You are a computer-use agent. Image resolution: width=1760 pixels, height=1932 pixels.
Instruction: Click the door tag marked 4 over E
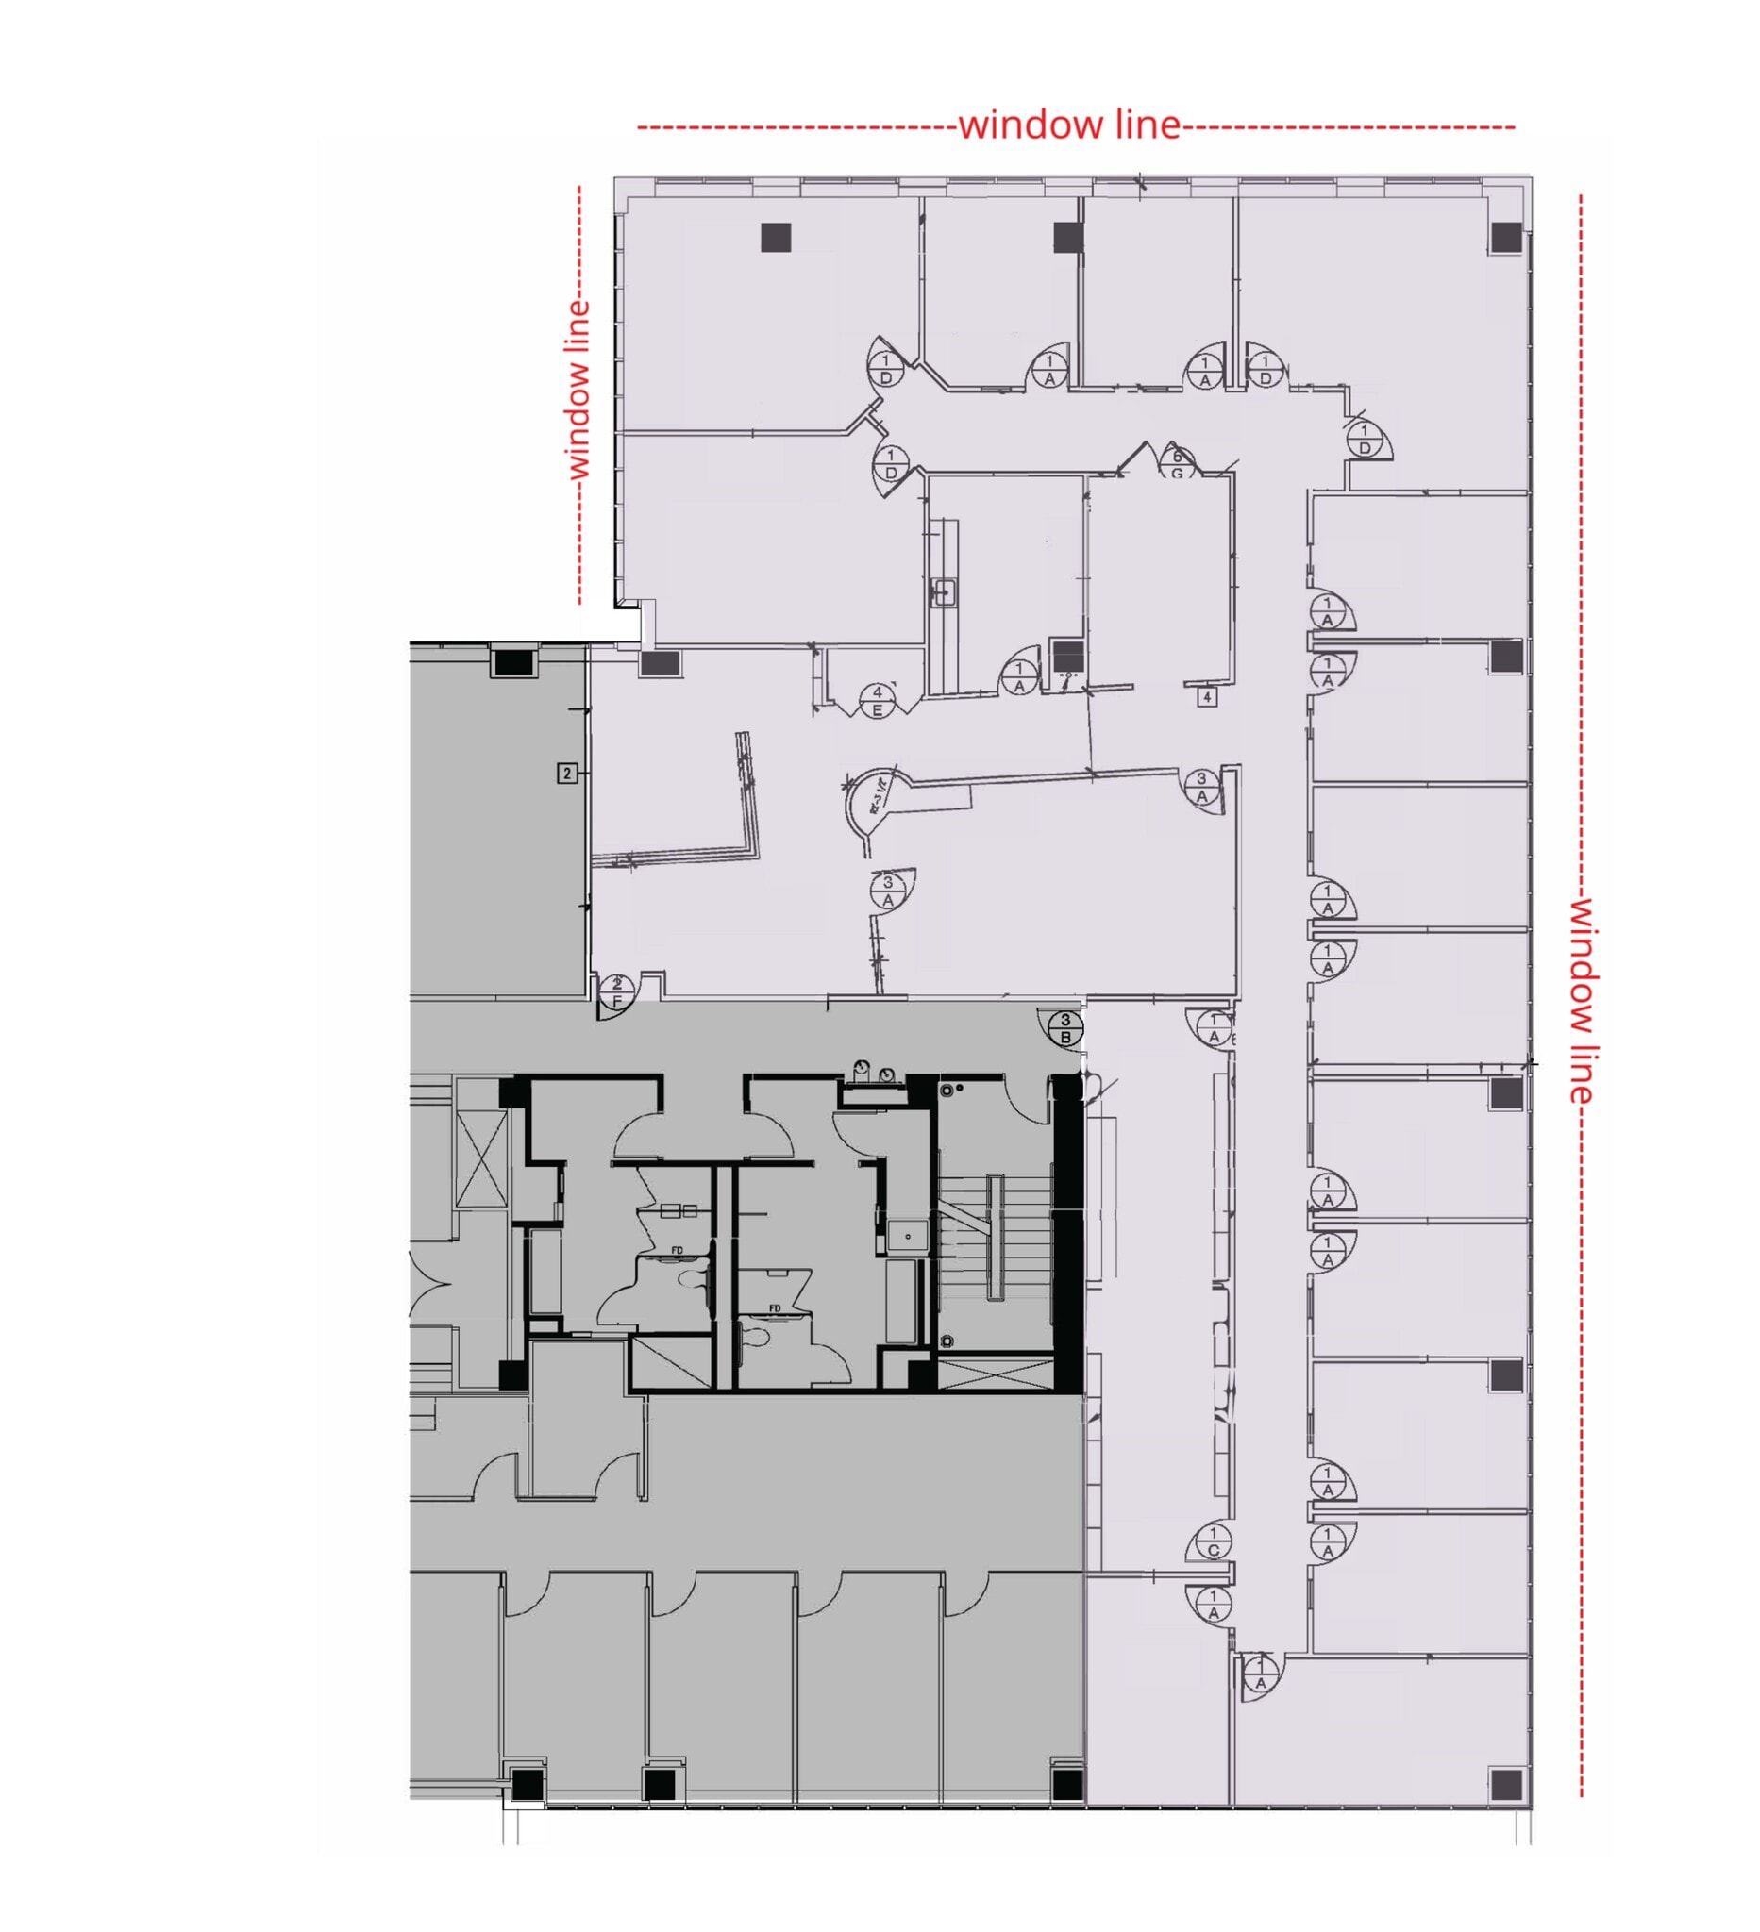877,701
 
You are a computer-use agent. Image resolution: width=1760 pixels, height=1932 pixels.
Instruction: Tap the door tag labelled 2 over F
616,991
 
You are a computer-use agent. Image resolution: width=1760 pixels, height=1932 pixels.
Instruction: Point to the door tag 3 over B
1065,1028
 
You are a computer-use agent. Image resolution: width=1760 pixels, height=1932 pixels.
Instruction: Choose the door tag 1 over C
1213,1542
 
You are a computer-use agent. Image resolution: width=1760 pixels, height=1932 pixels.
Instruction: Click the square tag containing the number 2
567,773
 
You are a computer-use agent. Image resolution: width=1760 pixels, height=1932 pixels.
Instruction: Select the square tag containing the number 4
1207,697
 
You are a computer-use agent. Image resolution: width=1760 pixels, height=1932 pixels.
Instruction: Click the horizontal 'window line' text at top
1069,125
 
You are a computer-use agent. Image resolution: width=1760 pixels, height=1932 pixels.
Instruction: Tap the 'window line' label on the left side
578,389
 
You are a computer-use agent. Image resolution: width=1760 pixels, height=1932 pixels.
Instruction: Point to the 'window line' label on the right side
1581,1000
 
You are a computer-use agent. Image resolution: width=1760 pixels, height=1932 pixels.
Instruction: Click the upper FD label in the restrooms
677,1250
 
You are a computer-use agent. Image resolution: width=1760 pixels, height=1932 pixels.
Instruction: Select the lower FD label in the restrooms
775,1308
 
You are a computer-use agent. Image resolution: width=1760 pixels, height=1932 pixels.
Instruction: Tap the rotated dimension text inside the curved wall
876,795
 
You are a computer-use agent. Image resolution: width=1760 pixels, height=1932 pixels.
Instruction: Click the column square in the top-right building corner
1505,237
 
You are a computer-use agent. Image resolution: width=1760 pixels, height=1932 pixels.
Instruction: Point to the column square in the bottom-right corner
1505,1784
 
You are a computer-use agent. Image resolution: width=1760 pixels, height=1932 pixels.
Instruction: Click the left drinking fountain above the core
862,1068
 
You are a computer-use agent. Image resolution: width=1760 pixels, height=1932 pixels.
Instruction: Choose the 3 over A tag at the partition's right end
1201,787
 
